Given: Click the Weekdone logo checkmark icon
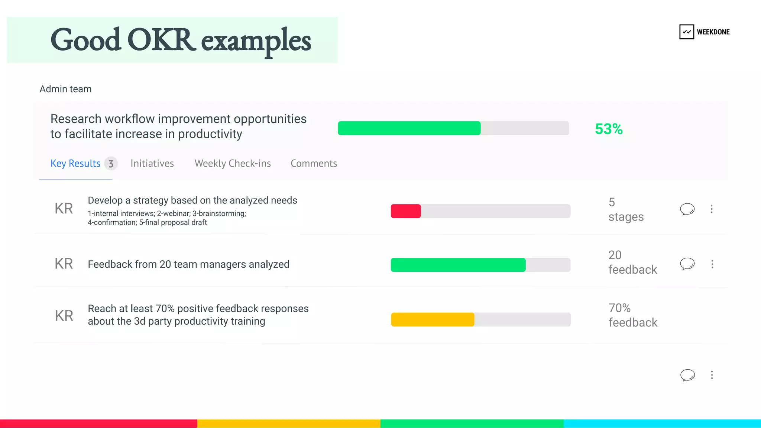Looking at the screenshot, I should click(x=686, y=32).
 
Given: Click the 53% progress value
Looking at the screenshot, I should click(x=608, y=129).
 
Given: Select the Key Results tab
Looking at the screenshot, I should click(x=75, y=164).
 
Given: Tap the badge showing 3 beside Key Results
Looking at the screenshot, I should click(x=111, y=164).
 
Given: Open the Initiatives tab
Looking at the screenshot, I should click(x=152, y=164).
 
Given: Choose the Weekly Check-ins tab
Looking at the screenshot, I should click(x=233, y=164).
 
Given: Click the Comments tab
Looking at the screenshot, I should click(x=314, y=164).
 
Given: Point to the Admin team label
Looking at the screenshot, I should click(x=65, y=89).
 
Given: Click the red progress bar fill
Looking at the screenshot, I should click(x=405, y=211).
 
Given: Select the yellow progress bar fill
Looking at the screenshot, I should click(x=433, y=320).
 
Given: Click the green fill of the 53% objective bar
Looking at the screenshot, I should click(x=409, y=128).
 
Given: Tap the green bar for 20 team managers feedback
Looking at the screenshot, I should click(x=458, y=265).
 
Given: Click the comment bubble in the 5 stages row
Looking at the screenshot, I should click(x=687, y=209).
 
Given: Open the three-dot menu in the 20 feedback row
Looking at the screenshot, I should click(x=712, y=264).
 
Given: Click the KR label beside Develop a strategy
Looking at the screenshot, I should click(x=64, y=209).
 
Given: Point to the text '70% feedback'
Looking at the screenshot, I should click(x=632, y=315).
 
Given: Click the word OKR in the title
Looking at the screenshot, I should click(x=161, y=40).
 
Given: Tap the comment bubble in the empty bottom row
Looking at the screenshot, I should click(x=687, y=375).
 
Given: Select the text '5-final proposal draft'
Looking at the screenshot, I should click(x=173, y=222).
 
